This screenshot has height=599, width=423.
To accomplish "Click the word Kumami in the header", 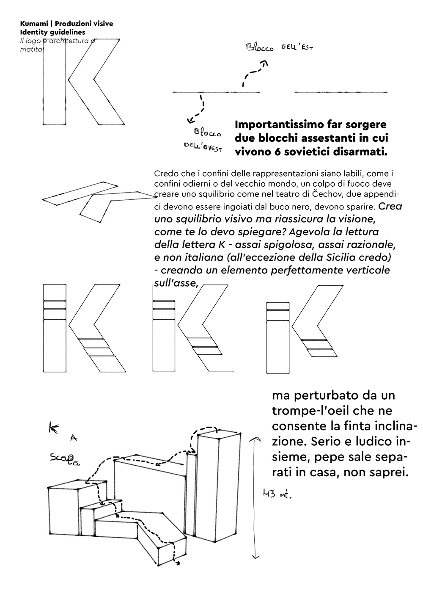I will [x=32, y=24].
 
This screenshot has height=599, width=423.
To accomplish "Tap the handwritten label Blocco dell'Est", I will [x=280, y=47].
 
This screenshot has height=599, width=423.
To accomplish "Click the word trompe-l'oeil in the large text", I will [x=309, y=411].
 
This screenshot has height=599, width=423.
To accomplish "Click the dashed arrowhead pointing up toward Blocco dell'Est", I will [x=265, y=63].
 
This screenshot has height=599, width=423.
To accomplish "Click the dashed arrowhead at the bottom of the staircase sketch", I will [x=178, y=563].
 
